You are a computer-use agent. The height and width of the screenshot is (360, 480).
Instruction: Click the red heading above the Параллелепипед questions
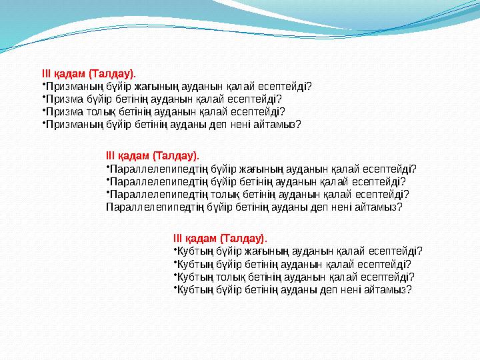pyautogui.click(x=153, y=156)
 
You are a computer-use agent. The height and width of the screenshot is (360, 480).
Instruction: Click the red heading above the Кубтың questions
pyautogui.click(x=219, y=238)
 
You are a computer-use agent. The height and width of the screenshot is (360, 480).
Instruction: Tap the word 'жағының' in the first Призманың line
pyautogui.click(x=149, y=86)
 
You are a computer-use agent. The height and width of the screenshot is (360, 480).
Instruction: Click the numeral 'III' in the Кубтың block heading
pyautogui.click(x=177, y=238)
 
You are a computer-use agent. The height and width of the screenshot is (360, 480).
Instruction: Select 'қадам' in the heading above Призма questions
pyautogui.click(x=65, y=74)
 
